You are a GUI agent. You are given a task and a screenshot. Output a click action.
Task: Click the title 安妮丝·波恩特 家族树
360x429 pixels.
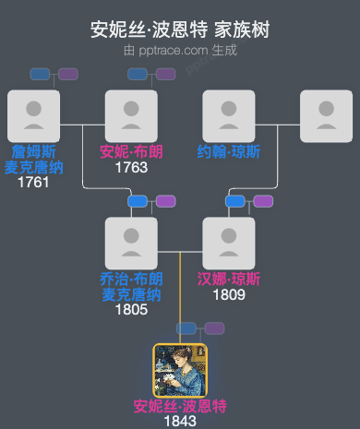180,30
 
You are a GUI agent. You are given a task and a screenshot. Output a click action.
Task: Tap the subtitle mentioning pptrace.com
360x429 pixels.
180,50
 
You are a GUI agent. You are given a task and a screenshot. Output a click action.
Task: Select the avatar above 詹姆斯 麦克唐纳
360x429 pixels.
33,116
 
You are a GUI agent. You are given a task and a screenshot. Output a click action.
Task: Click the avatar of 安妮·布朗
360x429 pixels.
131,116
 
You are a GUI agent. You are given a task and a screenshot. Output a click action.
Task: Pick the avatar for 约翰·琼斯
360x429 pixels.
229,116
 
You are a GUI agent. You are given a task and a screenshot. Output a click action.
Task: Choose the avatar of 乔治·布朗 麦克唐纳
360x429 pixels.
131,244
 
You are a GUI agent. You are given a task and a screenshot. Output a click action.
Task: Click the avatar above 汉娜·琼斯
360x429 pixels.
229,244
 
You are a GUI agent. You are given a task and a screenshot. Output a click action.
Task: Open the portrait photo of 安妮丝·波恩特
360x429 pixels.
180,370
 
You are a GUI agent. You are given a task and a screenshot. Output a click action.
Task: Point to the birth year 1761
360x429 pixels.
33,183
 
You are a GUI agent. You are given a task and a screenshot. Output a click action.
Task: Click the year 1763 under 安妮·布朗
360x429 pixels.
131,168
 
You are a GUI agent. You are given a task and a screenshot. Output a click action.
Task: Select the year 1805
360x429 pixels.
131,310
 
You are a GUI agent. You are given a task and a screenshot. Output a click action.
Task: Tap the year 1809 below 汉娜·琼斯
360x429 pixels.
229,295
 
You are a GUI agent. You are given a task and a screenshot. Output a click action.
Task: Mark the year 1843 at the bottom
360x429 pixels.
180,421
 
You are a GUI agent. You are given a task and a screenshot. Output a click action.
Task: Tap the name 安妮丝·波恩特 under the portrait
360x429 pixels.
180,406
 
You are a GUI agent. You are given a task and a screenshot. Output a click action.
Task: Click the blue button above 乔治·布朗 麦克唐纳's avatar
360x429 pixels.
138,201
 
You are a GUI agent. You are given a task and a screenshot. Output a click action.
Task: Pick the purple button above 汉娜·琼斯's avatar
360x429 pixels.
263,201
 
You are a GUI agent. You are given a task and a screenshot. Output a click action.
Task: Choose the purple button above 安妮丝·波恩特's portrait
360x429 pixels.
214,328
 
